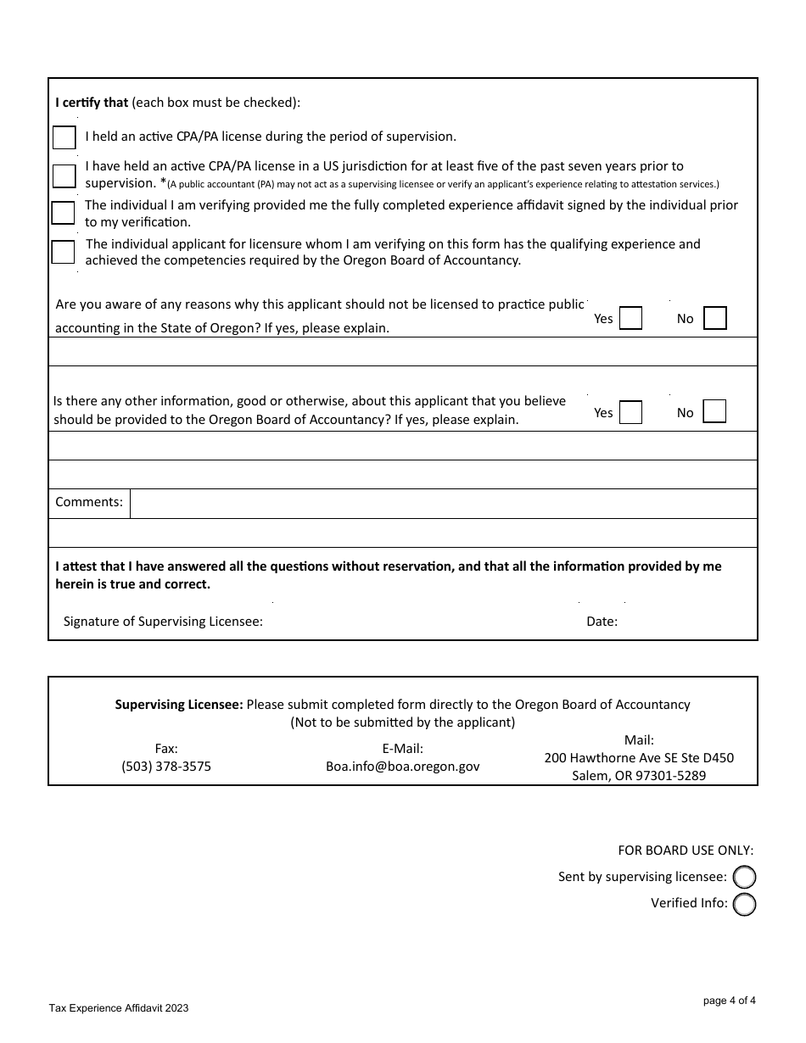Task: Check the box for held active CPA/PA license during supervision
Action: click(x=64, y=137)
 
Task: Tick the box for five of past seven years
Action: click(x=64, y=176)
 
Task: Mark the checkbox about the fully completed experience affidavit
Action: click(x=63, y=213)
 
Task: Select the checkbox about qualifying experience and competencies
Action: click(x=63, y=252)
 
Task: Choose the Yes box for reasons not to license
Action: click(x=630, y=318)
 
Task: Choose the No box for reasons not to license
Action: click(x=715, y=318)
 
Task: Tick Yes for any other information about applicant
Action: click(x=630, y=412)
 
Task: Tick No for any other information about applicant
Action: click(x=715, y=412)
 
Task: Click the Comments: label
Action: click(x=89, y=502)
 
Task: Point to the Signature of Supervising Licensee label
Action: click(x=163, y=622)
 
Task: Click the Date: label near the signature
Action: click(x=602, y=622)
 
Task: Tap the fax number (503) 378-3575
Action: click(x=166, y=767)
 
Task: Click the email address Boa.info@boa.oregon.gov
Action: click(x=403, y=767)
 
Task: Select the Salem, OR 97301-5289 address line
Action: click(x=639, y=776)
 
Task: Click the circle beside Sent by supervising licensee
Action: click(x=744, y=878)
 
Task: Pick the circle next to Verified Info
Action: click(x=744, y=905)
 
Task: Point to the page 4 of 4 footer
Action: click(x=729, y=1001)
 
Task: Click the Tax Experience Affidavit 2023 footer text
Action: click(x=119, y=1008)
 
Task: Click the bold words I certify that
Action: click(x=92, y=103)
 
